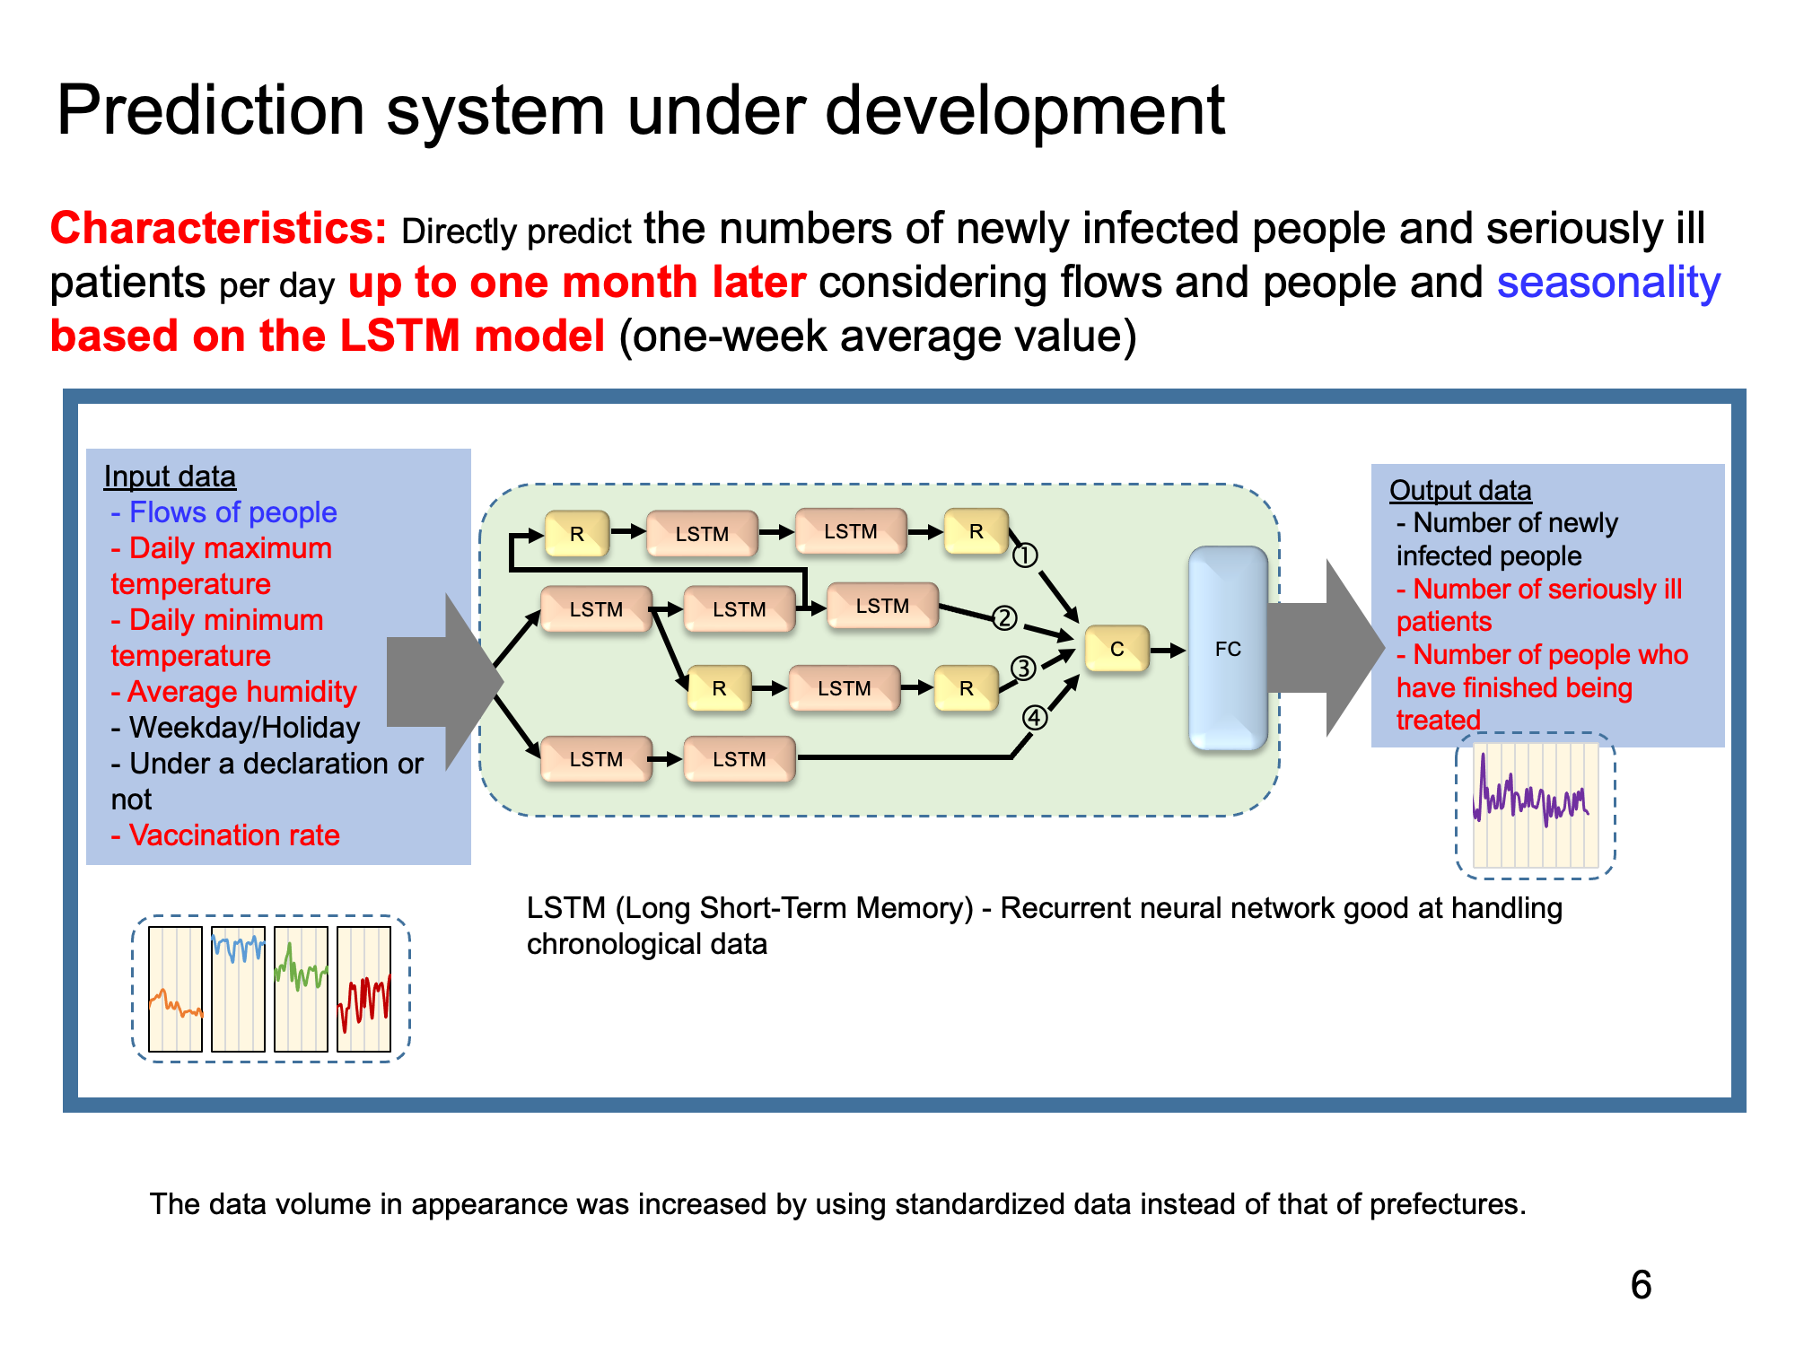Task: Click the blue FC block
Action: pyautogui.click(x=1228, y=649)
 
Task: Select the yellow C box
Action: pyautogui.click(x=1117, y=649)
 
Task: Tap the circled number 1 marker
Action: pyautogui.click(x=1025, y=556)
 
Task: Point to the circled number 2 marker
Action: pyautogui.click(x=1004, y=618)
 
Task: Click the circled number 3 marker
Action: pyautogui.click(x=1024, y=669)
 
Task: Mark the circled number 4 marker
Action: pyautogui.click(x=1035, y=718)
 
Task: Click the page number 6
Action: pyautogui.click(x=1641, y=1285)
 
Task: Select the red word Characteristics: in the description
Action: pyautogui.click(x=218, y=229)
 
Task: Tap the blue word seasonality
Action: pyautogui.click(x=1608, y=283)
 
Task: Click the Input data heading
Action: pyautogui.click(x=170, y=476)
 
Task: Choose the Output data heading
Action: pyautogui.click(x=1460, y=491)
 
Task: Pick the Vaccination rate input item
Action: pyautogui.click(x=225, y=835)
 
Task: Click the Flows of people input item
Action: pyautogui.click(x=223, y=512)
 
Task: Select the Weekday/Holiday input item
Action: pyautogui.click(x=235, y=728)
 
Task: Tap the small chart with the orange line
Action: pyautogui.click(x=175, y=989)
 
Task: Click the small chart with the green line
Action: pyautogui.click(x=301, y=989)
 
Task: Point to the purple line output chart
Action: pyautogui.click(x=1536, y=805)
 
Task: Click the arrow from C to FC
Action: pyautogui.click(x=1169, y=650)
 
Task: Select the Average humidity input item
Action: pyautogui.click(x=233, y=692)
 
